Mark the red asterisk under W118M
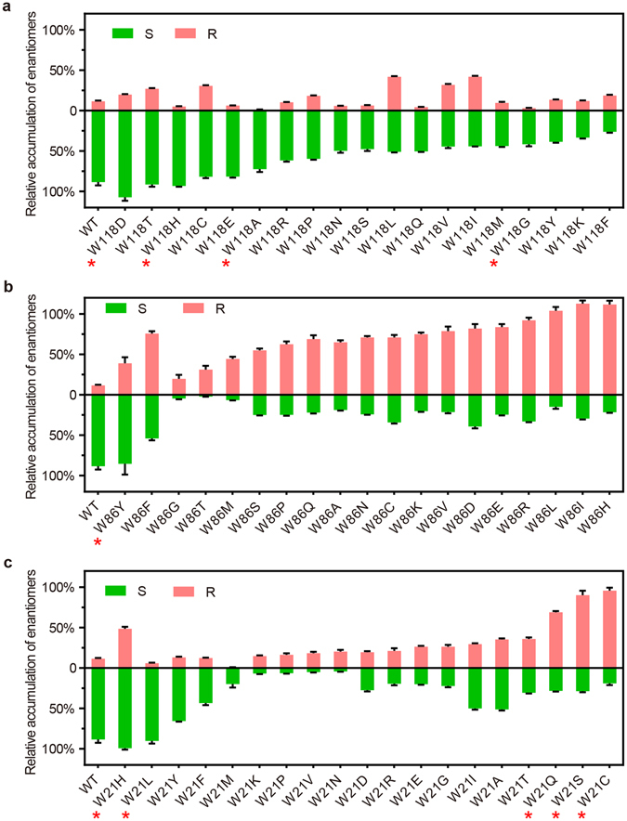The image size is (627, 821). (x=493, y=265)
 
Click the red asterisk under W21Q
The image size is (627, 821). (x=555, y=815)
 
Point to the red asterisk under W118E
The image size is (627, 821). (x=225, y=265)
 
